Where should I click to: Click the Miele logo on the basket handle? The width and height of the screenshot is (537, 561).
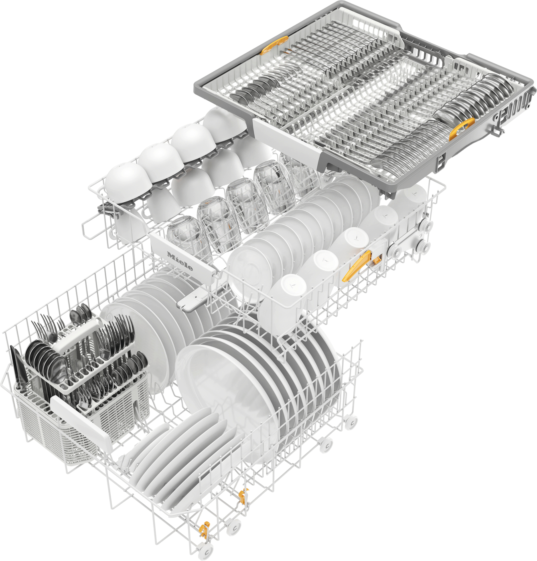point(180,261)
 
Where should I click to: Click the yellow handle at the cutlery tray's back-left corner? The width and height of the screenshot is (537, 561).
point(274,44)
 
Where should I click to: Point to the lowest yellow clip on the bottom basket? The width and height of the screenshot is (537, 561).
point(205,530)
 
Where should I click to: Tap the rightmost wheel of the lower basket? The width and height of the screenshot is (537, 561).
point(351,422)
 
